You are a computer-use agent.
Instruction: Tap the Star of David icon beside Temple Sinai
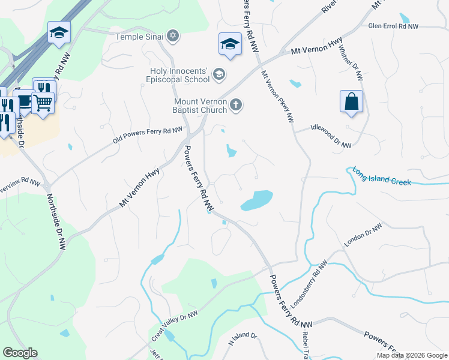click(x=173, y=37)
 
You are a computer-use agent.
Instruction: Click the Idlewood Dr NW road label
click(x=330, y=136)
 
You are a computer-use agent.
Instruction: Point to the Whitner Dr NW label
click(x=351, y=62)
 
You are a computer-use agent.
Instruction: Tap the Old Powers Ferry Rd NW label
click(x=147, y=135)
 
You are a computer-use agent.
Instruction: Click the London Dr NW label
click(x=363, y=236)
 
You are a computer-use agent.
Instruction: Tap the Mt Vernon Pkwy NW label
click(x=277, y=97)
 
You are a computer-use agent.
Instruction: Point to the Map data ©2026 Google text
click(x=412, y=355)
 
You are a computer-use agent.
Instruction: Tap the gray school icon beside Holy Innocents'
click(x=219, y=74)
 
